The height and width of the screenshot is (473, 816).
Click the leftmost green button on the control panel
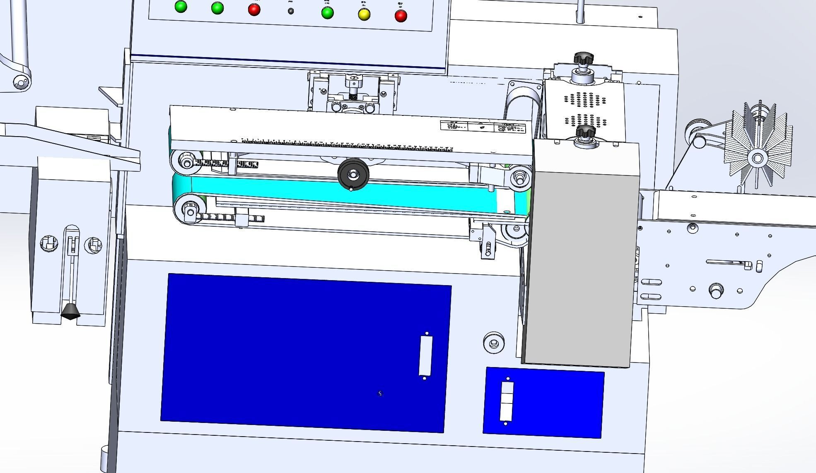point(181,7)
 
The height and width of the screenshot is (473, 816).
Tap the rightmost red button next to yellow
point(401,16)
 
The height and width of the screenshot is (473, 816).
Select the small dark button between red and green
point(291,11)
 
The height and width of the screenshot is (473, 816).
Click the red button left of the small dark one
point(254,10)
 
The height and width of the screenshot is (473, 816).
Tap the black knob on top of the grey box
point(586,132)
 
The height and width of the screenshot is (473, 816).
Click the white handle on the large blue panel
point(425,355)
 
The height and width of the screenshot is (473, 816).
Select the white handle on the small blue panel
point(507,401)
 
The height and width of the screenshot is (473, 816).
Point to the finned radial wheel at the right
point(758,158)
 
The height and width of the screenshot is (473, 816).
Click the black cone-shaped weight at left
point(71,311)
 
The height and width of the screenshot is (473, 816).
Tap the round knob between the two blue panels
point(494,342)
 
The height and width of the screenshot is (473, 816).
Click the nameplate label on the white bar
point(483,126)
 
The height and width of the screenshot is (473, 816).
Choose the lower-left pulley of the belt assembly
point(190,212)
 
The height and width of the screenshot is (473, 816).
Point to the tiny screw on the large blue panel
point(380,394)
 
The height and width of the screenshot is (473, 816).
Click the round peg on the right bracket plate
point(716,290)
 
